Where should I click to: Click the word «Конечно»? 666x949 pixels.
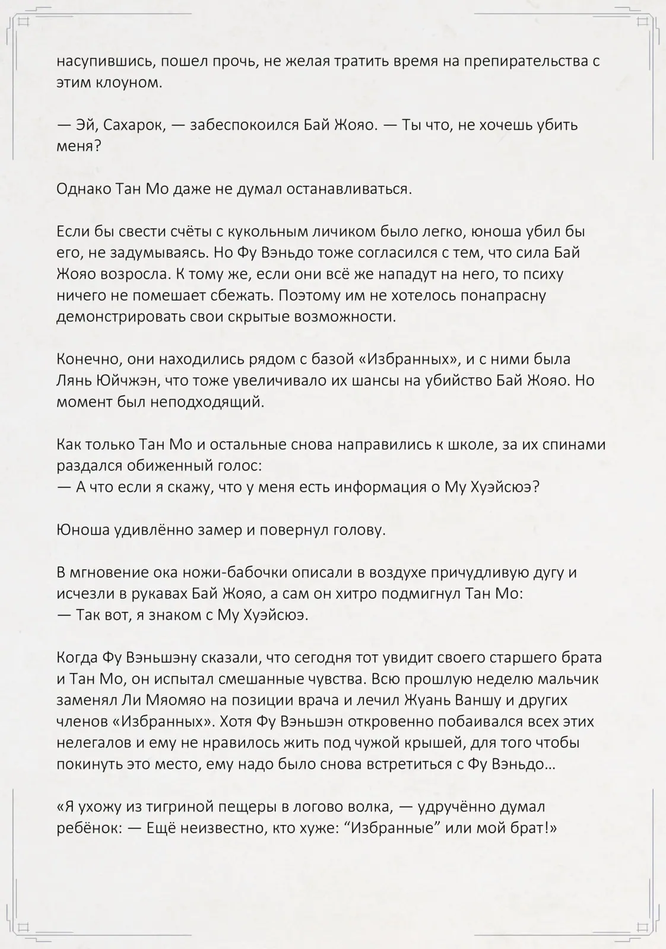tap(84, 359)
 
